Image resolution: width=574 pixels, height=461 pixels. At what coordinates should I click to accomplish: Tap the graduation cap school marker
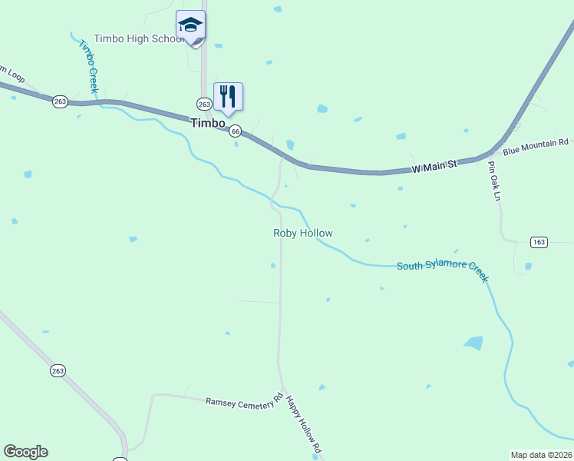pos(190,25)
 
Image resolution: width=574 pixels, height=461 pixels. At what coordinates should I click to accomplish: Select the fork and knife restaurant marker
pos(228,96)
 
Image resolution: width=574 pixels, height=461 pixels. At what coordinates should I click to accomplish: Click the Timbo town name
pos(208,123)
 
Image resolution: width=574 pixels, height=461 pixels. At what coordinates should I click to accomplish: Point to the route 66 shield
pos(236,131)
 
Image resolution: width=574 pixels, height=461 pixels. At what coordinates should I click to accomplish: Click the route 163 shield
pos(538,242)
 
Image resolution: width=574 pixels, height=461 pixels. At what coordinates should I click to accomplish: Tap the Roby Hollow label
pos(303,233)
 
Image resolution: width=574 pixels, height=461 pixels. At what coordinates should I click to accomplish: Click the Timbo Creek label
pos(87,66)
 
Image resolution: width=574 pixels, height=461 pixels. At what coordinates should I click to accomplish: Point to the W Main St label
pos(434,164)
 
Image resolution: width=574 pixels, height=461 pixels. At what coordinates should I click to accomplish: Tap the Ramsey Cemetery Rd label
pos(244,402)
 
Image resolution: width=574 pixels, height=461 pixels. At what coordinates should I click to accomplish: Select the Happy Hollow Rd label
pos(303,423)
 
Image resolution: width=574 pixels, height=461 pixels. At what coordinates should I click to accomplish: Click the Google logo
pos(25,452)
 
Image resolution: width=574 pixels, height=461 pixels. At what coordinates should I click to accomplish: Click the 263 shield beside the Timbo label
pos(204,104)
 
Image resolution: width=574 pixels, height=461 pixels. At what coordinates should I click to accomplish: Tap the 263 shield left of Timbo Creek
pos(61,101)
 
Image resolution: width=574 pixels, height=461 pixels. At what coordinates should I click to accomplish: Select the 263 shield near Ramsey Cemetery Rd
pos(58,370)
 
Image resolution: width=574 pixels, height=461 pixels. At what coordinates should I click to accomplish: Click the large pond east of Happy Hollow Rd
pos(473,343)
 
